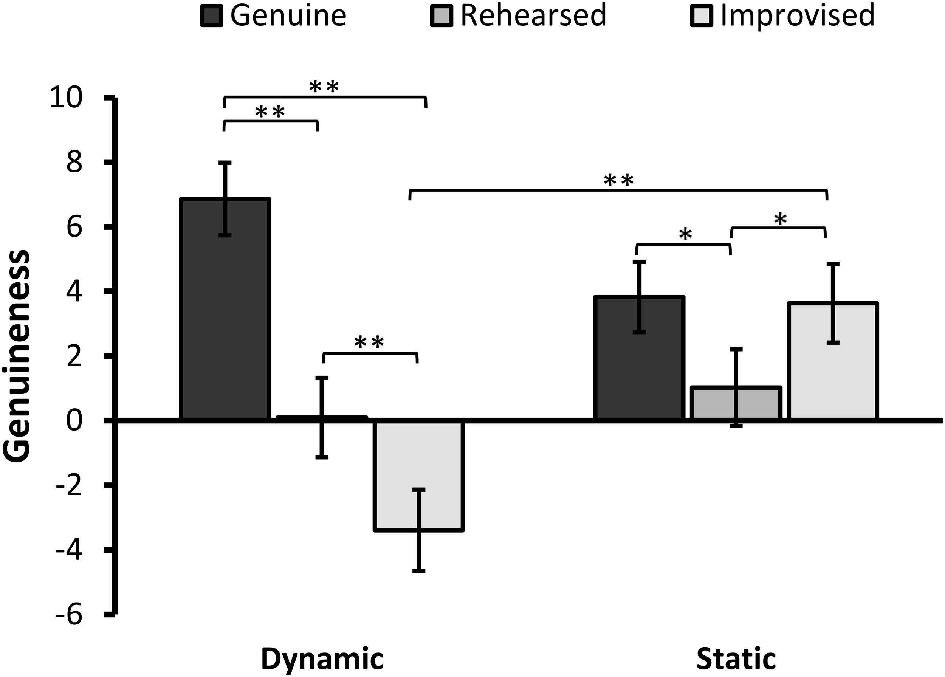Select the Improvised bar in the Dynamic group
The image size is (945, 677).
tap(419, 475)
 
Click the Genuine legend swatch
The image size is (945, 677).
tap(212, 16)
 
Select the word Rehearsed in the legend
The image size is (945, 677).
tap(533, 16)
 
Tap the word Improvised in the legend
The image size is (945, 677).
tap(797, 16)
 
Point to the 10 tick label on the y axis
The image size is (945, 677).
tap(66, 98)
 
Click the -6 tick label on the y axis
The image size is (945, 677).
tap(69, 615)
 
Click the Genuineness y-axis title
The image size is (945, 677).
tap(17, 356)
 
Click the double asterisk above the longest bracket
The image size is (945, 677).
tap(619, 181)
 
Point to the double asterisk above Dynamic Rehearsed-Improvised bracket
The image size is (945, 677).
tap(369, 343)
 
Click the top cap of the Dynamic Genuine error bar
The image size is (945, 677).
tap(225, 162)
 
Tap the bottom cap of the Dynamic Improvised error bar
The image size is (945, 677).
tap(419, 570)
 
